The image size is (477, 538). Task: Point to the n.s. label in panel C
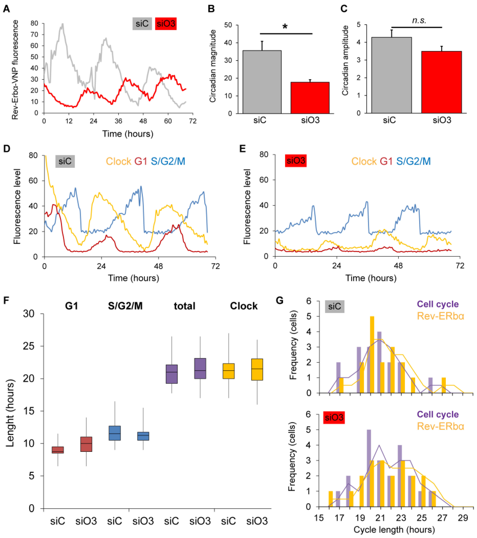[x=419, y=20]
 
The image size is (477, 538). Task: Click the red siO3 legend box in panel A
[x=166, y=24]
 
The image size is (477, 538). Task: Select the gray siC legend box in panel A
[x=142, y=24]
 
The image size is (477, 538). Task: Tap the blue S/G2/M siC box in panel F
[x=115, y=433]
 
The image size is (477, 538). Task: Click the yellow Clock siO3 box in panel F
[x=257, y=370]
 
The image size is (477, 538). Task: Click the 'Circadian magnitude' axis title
[x=213, y=66]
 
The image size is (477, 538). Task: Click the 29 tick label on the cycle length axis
[x=463, y=518]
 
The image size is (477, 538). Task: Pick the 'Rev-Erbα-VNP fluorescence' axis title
[x=15, y=70]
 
